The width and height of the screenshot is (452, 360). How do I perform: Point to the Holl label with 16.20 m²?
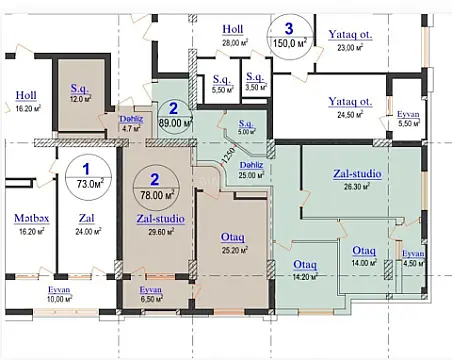26,102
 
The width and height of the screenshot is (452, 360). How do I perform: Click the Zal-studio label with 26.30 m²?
359,179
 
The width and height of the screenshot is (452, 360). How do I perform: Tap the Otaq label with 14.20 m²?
305,270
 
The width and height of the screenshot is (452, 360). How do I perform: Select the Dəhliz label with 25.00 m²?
250,171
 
